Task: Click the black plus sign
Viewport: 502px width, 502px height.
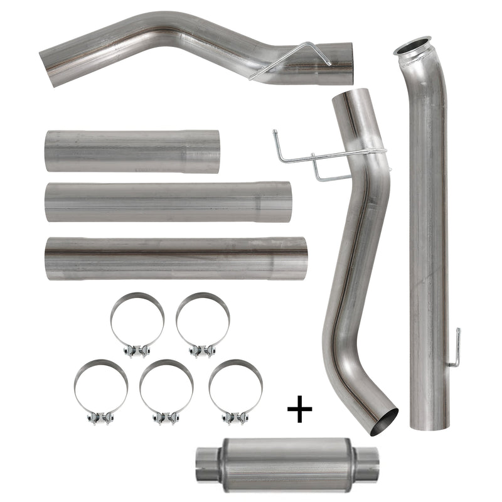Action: pos(299,411)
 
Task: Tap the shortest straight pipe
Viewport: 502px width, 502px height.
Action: pos(132,151)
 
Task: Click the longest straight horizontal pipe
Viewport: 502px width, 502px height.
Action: pos(176,258)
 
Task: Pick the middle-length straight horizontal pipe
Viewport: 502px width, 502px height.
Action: pos(168,201)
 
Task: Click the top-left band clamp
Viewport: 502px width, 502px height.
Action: pos(137,323)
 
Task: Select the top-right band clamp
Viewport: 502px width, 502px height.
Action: pos(202,323)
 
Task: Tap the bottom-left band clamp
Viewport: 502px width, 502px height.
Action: pos(100,390)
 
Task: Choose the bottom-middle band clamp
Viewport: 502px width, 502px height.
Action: pos(166,390)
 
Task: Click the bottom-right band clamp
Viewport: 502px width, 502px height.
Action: pos(235,390)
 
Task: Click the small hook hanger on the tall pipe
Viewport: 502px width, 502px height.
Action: pos(456,348)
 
